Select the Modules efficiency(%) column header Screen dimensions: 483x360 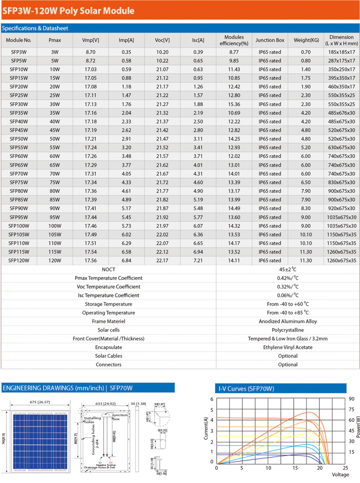[234, 40]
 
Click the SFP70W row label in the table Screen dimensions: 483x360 [19, 173]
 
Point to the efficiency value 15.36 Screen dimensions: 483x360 [234, 104]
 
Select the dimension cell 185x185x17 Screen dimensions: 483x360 [341, 52]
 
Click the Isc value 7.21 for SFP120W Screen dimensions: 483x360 [198, 260]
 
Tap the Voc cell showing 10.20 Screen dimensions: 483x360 [162, 52]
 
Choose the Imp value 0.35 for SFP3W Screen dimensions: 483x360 [127, 52]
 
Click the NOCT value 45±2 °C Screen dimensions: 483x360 [288, 269]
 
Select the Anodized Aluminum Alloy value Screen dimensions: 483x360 [288, 321]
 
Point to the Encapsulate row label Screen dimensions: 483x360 [109, 347]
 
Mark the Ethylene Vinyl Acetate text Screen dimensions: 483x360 [288, 347]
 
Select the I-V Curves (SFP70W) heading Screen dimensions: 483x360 [246, 389]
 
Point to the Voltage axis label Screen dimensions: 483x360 [340, 475]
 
